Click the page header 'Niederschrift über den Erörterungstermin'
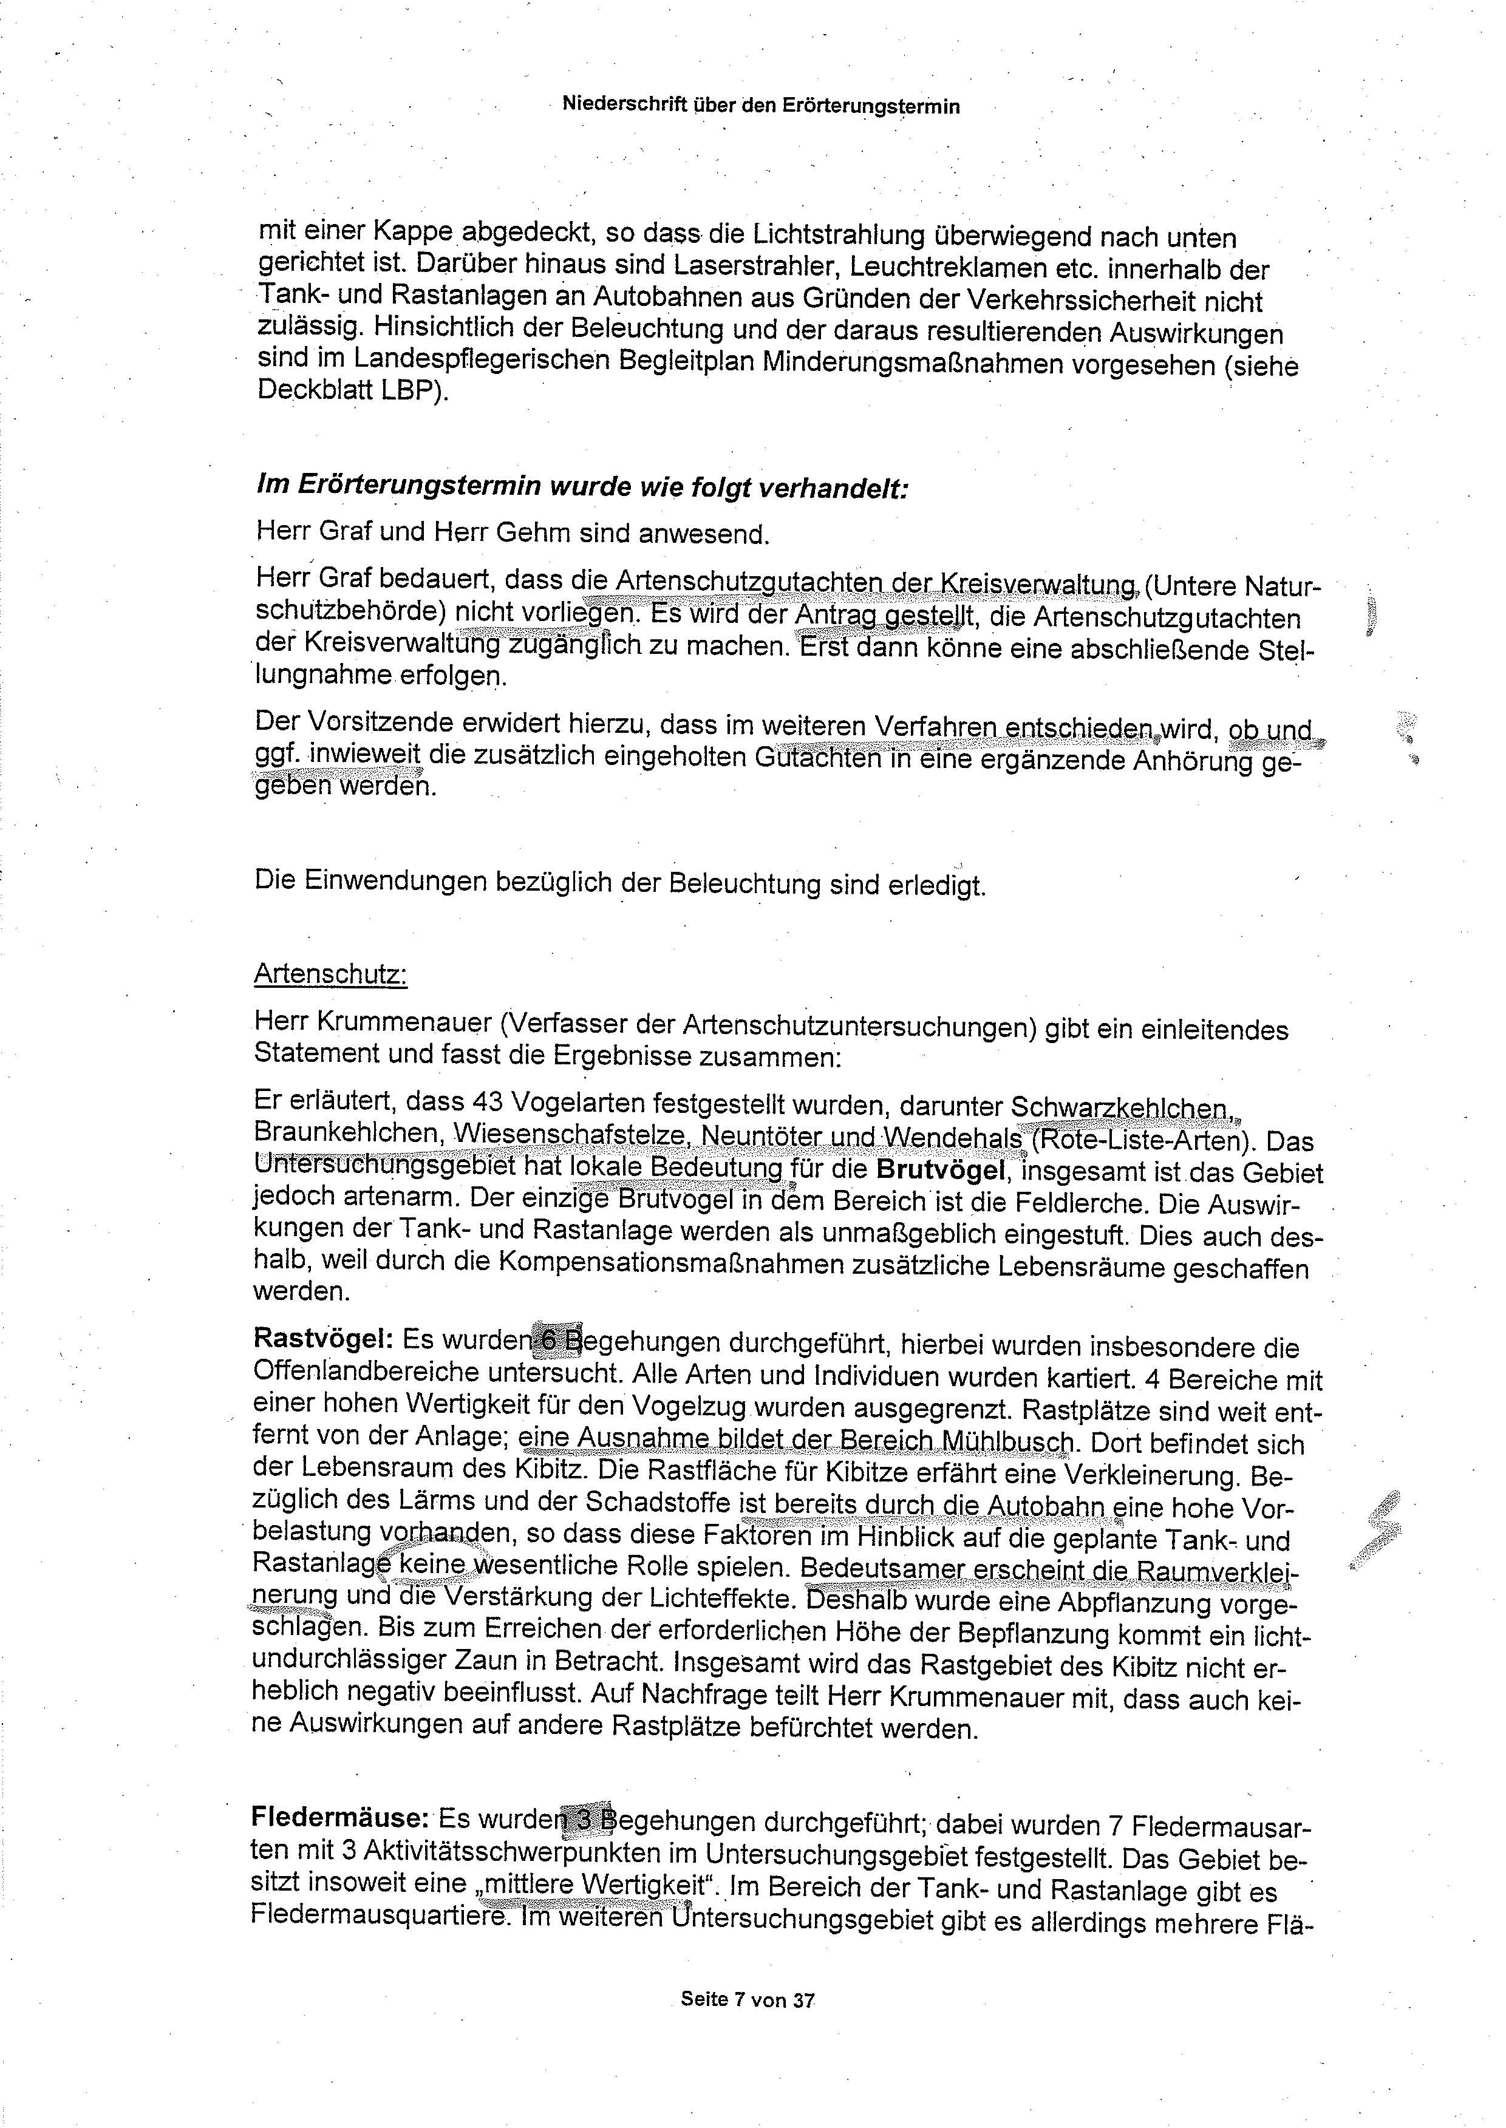(x=760, y=106)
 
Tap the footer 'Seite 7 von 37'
(x=748, y=2000)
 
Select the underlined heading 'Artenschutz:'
(x=330, y=974)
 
